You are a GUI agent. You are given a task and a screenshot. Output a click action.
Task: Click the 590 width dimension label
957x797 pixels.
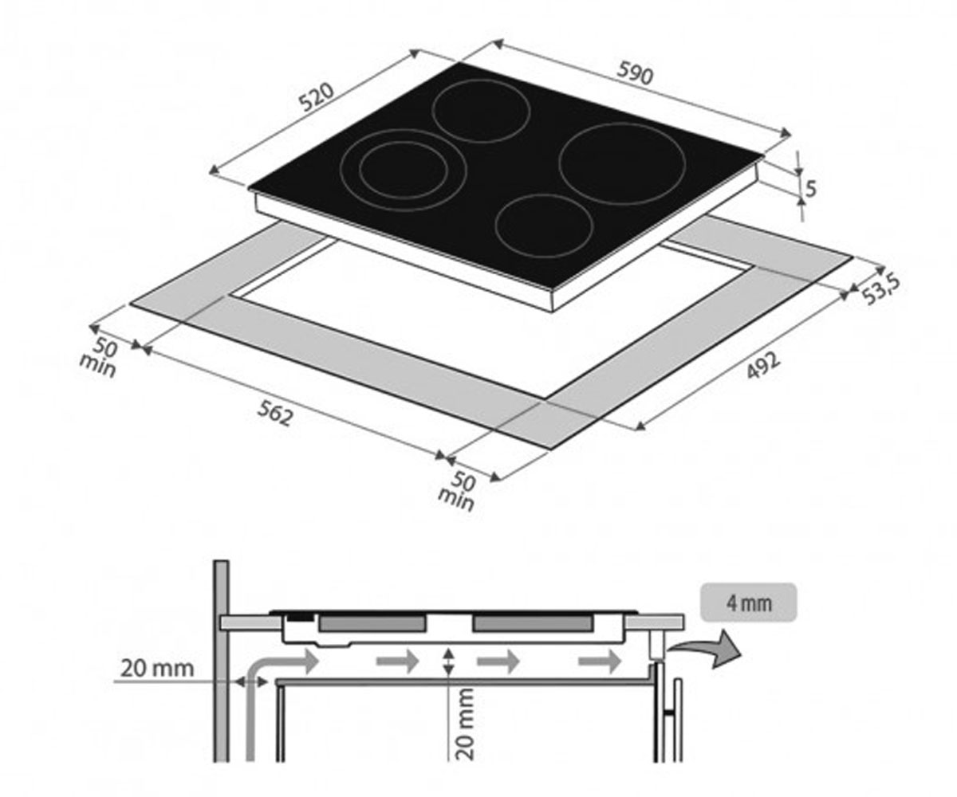click(x=635, y=73)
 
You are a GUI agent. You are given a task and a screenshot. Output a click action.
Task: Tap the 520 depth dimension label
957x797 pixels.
click(x=317, y=97)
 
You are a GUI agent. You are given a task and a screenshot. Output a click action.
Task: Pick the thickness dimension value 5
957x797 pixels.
click(x=810, y=189)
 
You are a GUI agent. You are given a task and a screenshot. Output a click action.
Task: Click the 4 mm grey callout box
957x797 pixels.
click(x=749, y=603)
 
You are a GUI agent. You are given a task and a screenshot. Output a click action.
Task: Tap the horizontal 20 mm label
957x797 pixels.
click(x=157, y=669)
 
